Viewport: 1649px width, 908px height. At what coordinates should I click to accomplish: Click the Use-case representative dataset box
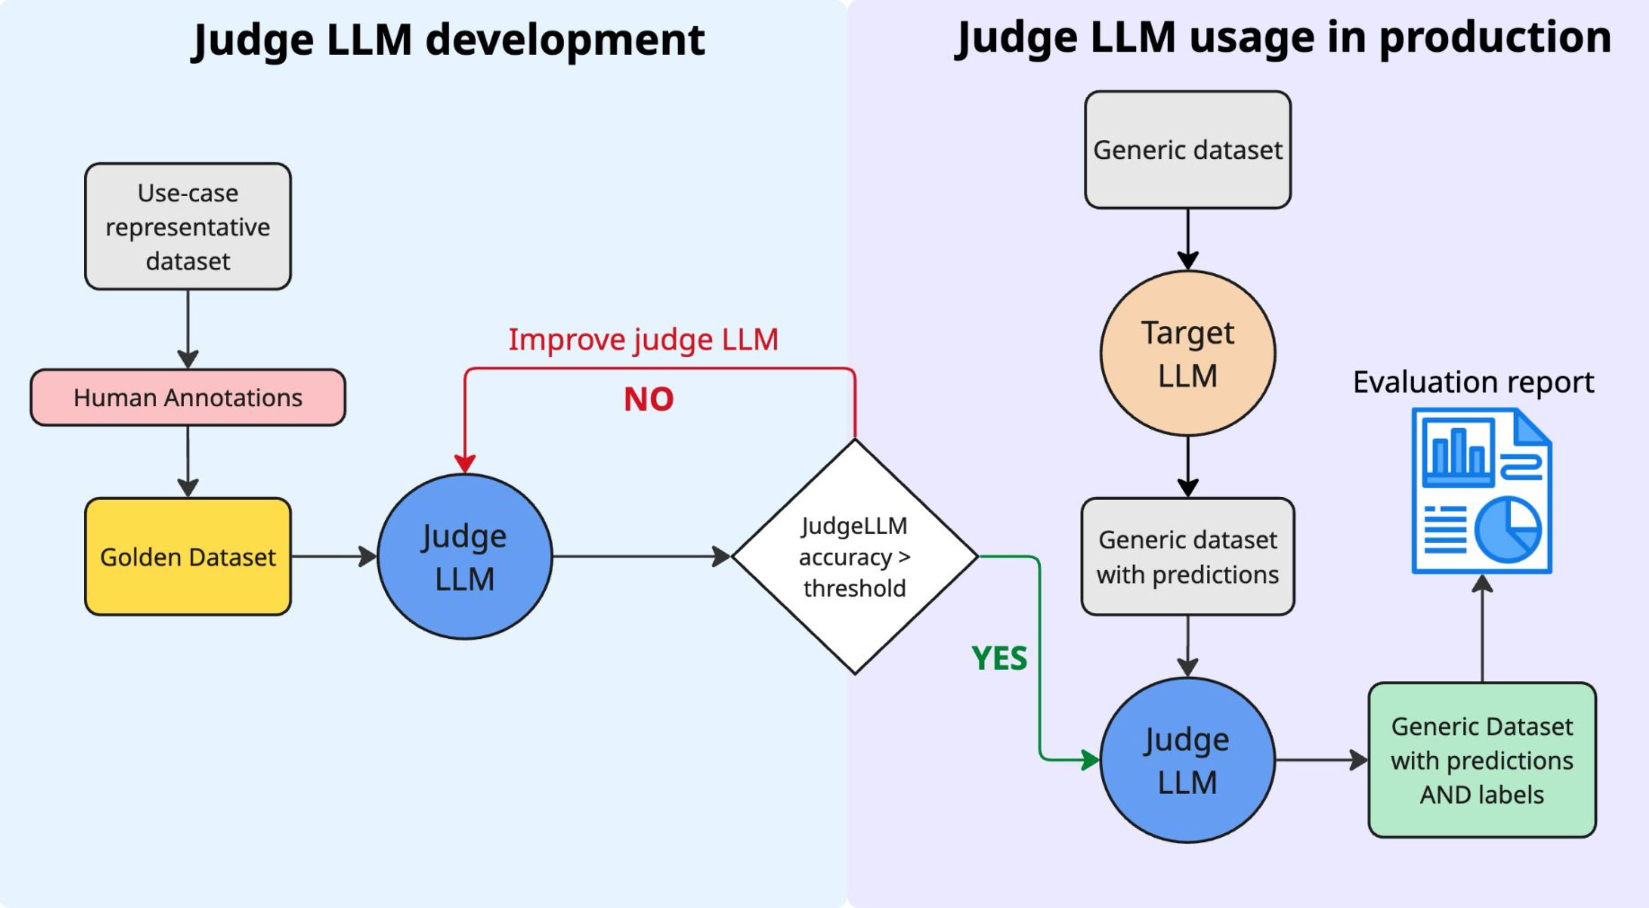(x=187, y=226)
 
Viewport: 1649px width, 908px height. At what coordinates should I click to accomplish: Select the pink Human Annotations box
(x=187, y=398)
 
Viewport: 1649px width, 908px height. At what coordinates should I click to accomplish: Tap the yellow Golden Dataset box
(x=187, y=557)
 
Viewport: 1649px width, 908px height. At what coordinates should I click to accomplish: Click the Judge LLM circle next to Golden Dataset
(x=465, y=557)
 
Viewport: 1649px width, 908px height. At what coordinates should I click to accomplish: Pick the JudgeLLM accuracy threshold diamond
(x=855, y=557)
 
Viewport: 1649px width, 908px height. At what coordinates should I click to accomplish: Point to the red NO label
(x=648, y=399)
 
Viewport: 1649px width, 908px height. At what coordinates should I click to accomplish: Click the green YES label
(x=998, y=658)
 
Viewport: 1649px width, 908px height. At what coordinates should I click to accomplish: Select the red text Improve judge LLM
(x=643, y=339)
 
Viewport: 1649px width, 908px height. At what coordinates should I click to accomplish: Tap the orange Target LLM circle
(x=1188, y=353)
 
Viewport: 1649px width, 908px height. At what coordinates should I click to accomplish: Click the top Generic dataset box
(x=1188, y=150)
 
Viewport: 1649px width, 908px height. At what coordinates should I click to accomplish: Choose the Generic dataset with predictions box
(x=1188, y=557)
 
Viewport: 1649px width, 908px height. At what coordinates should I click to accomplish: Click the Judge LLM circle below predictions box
(x=1188, y=760)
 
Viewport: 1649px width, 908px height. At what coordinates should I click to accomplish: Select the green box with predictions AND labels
(x=1482, y=760)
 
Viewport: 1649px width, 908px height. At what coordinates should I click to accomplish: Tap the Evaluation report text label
(x=1473, y=382)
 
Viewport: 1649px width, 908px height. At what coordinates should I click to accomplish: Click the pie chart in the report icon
(x=1508, y=530)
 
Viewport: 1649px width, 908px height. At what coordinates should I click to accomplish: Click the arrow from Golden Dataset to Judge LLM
(x=333, y=557)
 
